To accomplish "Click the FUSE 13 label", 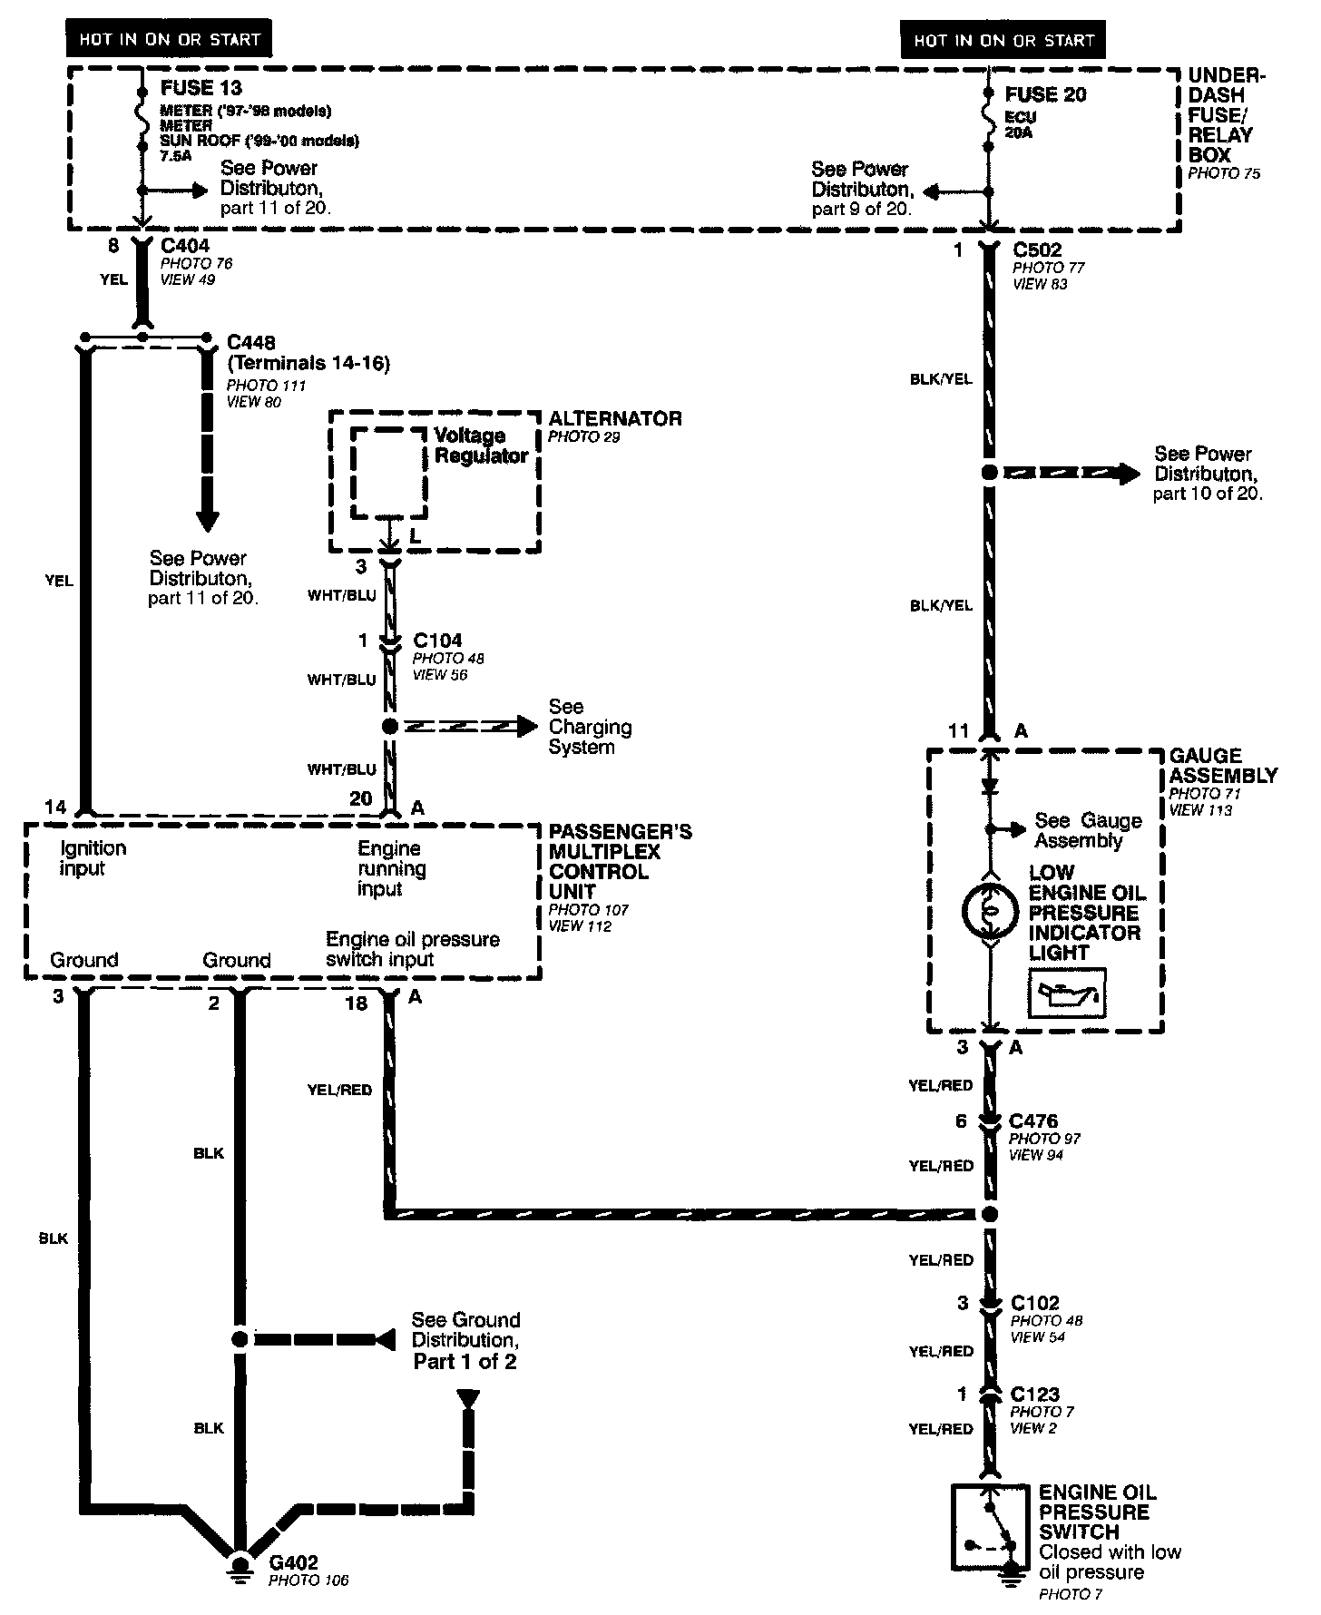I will coord(201,88).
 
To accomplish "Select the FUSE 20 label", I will coord(1045,94).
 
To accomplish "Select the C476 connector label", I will coord(1033,1121).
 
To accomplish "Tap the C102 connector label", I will coord(1035,1304).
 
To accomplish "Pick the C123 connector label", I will coord(1035,1395).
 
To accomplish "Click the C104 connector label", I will coord(437,641).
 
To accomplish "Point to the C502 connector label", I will coord(1037,250).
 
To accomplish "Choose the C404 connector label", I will coord(185,245).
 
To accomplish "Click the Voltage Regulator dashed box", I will coord(388,473).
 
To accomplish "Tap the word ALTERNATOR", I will coord(615,418).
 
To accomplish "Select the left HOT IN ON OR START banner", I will coord(170,39).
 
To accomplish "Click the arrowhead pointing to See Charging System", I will coord(527,726).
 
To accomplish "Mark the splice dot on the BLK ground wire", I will coord(240,1338).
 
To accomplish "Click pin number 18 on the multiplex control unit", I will coord(357,1003).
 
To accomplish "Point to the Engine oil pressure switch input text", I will coord(412,949).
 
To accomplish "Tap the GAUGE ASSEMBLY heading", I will coord(1222,766).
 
